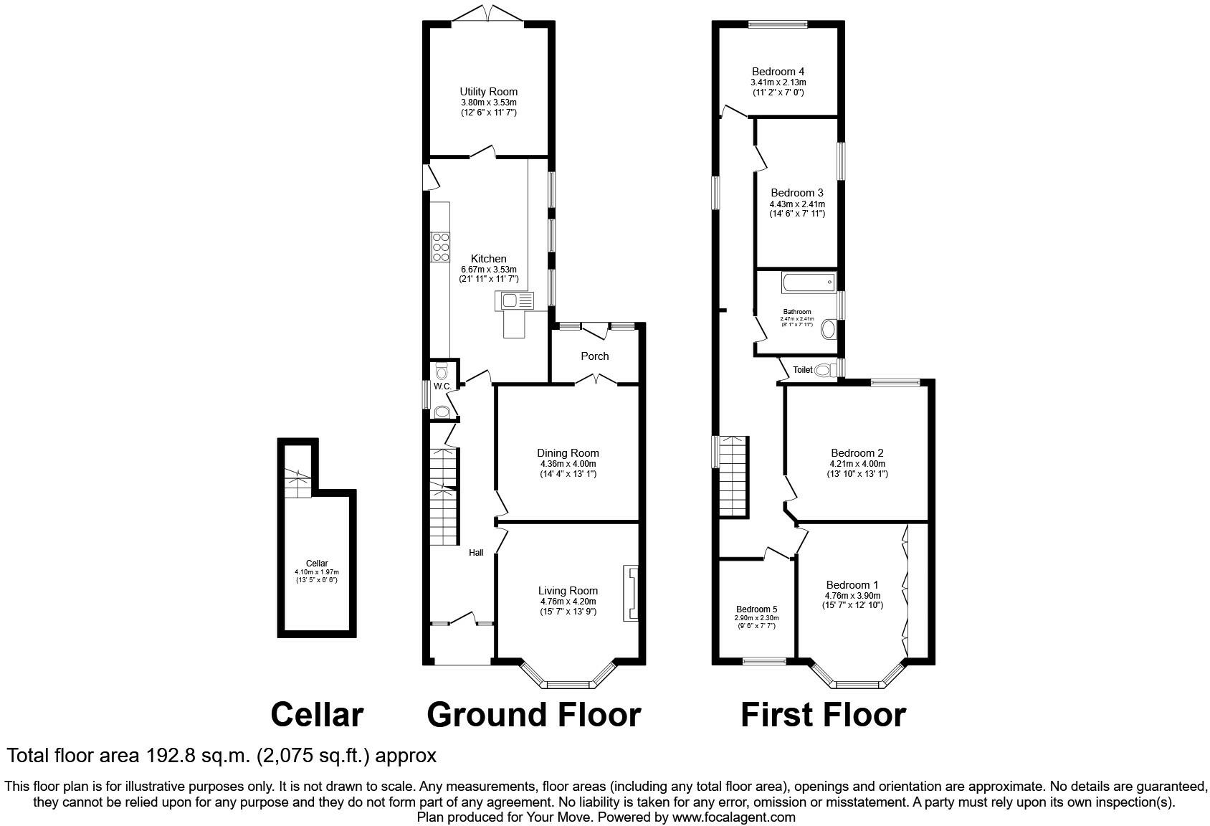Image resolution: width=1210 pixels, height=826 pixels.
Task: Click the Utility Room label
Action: [x=488, y=92]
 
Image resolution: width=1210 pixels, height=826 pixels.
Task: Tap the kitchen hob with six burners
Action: [x=441, y=247]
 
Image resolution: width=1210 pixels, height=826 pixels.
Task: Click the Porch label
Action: [x=594, y=356]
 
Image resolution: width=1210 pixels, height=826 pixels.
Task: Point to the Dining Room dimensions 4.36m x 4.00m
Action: [x=568, y=464]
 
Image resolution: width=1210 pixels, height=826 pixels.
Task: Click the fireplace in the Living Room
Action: [x=631, y=593]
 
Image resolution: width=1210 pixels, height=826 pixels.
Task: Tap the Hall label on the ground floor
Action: [x=476, y=553]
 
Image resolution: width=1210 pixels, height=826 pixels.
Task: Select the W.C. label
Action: [x=442, y=386]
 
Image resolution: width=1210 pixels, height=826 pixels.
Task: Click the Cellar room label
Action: [x=316, y=564]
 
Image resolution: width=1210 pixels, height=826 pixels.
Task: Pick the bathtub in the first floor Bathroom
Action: [x=809, y=283]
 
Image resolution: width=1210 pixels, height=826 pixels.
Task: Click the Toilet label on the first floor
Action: [x=803, y=370]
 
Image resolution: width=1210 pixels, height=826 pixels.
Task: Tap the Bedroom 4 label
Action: [x=778, y=72]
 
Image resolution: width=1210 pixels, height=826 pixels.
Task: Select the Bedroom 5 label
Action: [x=756, y=609]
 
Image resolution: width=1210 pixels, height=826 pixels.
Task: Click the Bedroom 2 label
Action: [x=857, y=453]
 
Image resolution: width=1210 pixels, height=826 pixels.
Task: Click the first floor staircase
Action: [x=734, y=476]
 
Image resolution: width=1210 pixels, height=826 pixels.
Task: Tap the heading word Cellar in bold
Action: [x=317, y=715]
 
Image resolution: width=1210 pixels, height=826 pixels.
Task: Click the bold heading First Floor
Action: [x=822, y=715]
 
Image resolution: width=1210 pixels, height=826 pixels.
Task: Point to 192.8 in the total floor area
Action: [x=171, y=756]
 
